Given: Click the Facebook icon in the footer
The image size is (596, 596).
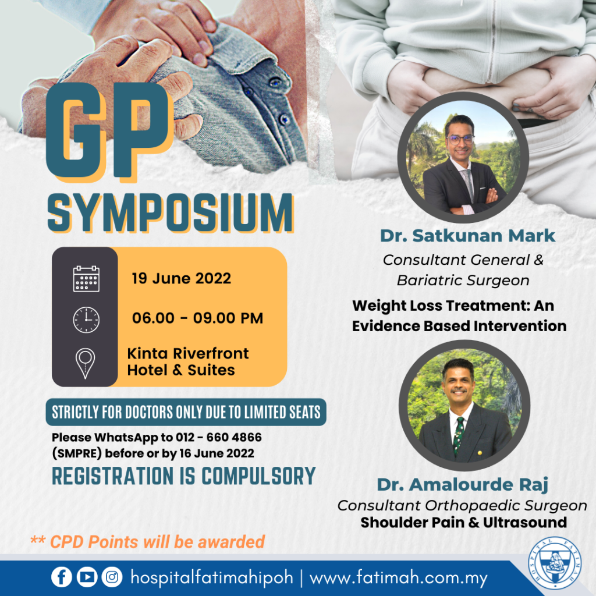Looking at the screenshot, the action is pyautogui.click(x=62, y=577).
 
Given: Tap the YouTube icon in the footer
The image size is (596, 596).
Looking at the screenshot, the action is pyautogui.click(x=87, y=577).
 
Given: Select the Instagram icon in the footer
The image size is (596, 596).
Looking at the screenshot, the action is pyautogui.click(x=112, y=577).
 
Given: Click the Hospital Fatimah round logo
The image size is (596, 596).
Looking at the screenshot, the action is pyautogui.click(x=555, y=563).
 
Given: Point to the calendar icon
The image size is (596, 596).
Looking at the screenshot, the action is pyautogui.click(x=86, y=279).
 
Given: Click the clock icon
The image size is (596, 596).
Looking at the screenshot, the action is pyautogui.click(x=86, y=320).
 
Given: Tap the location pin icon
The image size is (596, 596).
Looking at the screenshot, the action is pyautogui.click(x=85, y=363).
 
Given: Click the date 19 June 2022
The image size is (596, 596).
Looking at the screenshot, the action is pyautogui.click(x=182, y=278).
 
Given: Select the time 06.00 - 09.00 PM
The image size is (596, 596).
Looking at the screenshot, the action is pyautogui.click(x=197, y=318).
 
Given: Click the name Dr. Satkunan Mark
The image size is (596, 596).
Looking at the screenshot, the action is pyautogui.click(x=467, y=236).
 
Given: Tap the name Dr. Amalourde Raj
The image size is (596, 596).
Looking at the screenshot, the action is pyautogui.click(x=463, y=485).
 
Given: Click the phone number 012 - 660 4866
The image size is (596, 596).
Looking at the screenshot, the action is pyautogui.click(x=219, y=437).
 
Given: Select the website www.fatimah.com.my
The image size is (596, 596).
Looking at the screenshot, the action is pyautogui.click(x=398, y=579).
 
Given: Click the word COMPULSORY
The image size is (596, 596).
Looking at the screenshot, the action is pyautogui.click(x=258, y=476).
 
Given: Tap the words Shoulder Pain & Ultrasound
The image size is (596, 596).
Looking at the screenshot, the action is pyautogui.click(x=464, y=523).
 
